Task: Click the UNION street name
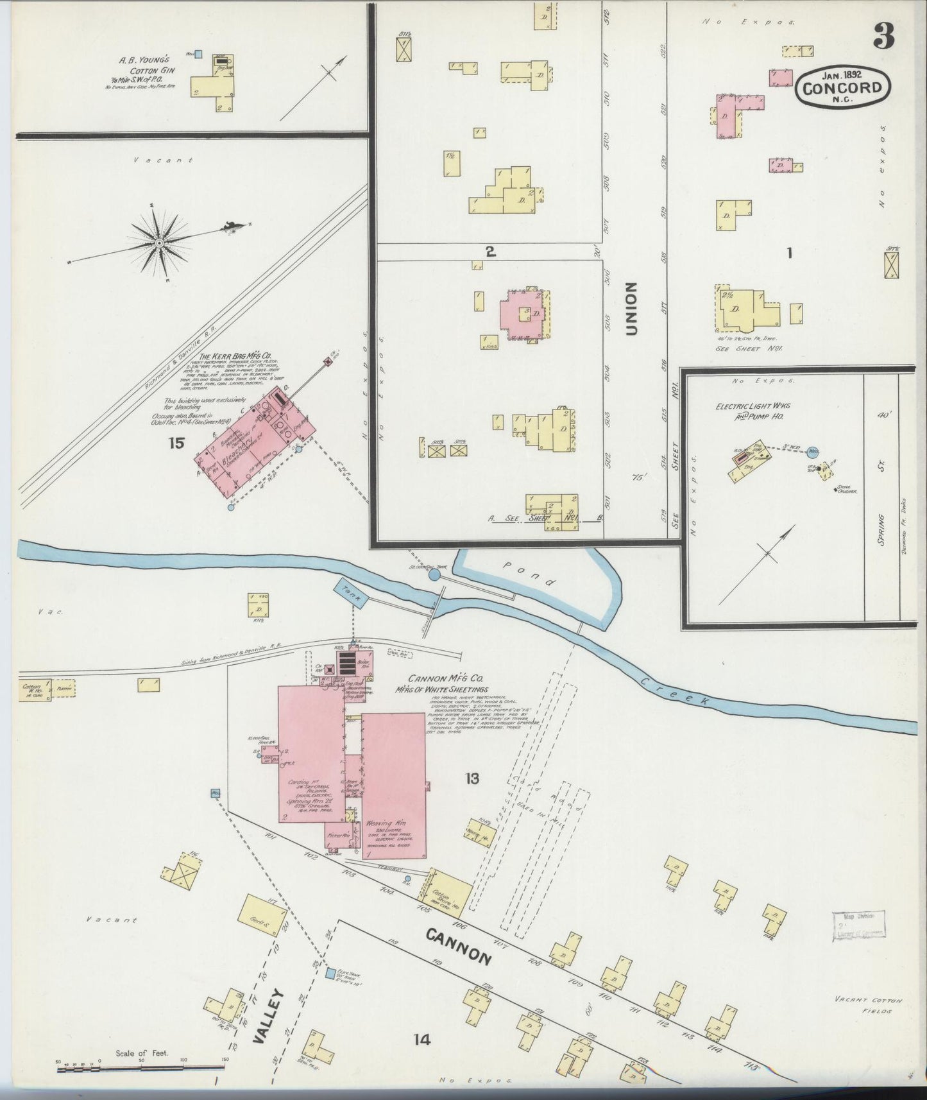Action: (x=632, y=309)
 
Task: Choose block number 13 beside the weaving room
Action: (x=472, y=778)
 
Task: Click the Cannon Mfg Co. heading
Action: (x=440, y=679)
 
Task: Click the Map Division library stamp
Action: (x=858, y=925)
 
